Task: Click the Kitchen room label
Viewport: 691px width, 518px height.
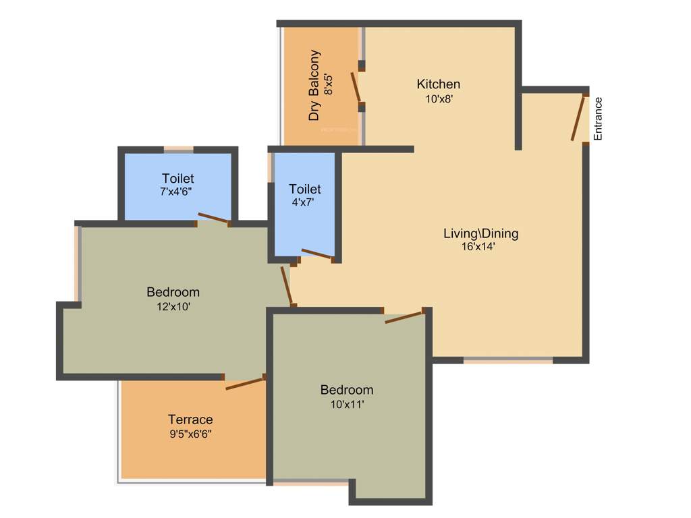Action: pyautogui.click(x=439, y=84)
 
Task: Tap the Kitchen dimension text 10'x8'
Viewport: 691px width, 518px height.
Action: pyautogui.click(x=439, y=98)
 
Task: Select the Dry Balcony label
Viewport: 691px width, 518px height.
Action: pyautogui.click(x=314, y=85)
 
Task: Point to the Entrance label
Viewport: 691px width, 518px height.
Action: pyautogui.click(x=597, y=119)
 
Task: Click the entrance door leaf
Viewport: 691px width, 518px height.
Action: pyautogui.click(x=577, y=118)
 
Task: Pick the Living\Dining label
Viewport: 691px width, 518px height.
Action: pyautogui.click(x=480, y=234)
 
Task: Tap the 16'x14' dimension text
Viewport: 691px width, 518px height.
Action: pyautogui.click(x=479, y=246)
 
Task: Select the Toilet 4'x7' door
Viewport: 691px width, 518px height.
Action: pyautogui.click(x=316, y=254)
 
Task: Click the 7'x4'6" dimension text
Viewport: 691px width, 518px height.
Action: pyautogui.click(x=177, y=192)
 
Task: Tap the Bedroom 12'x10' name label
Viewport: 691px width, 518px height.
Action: pyautogui.click(x=173, y=292)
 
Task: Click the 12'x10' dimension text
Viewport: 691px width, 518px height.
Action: pyautogui.click(x=173, y=306)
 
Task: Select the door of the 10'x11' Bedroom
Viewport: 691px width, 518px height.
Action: pyautogui.click(x=404, y=316)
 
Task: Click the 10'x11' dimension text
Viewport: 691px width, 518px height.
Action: pyautogui.click(x=347, y=404)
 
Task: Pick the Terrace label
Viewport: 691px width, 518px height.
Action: pyautogui.click(x=190, y=420)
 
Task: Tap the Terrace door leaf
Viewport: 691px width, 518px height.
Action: pyautogui.click(x=244, y=383)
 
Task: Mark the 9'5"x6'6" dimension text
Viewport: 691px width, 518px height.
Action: pyautogui.click(x=190, y=434)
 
